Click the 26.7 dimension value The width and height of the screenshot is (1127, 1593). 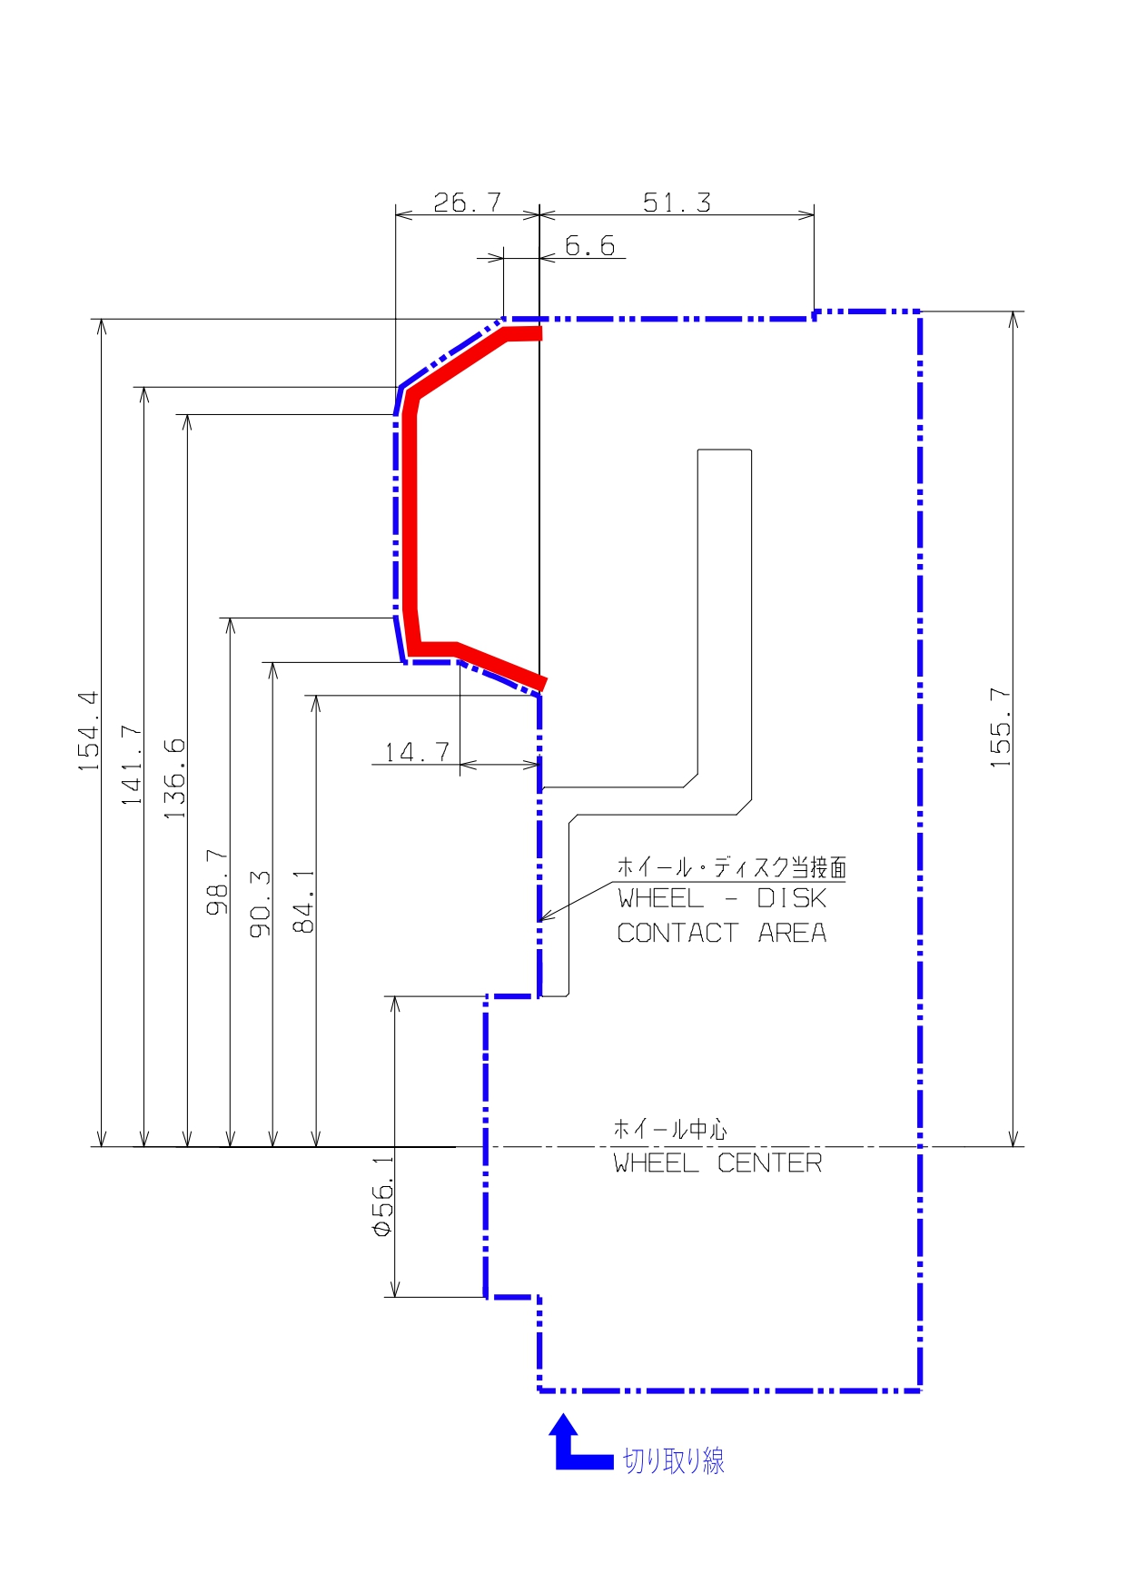point(467,202)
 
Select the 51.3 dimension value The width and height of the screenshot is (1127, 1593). point(677,203)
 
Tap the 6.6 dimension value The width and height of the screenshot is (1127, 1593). point(589,245)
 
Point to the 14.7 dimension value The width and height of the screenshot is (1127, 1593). point(417,752)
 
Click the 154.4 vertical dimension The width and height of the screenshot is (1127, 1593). point(89,731)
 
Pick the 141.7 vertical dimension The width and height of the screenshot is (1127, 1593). point(132,765)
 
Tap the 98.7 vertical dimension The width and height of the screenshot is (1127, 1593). point(217,882)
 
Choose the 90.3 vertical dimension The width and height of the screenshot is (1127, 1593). point(261,904)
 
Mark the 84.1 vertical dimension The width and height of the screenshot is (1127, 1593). point(303,901)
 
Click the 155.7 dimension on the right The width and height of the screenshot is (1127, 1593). point(1000,728)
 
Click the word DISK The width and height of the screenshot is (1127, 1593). point(791,898)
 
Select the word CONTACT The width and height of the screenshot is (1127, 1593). point(677,933)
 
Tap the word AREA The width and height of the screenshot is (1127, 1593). point(792,933)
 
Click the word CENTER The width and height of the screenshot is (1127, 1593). point(769,1163)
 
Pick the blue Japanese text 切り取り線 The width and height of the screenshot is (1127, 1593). point(674,1460)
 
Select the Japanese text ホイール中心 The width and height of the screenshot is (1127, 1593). point(670,1129)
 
